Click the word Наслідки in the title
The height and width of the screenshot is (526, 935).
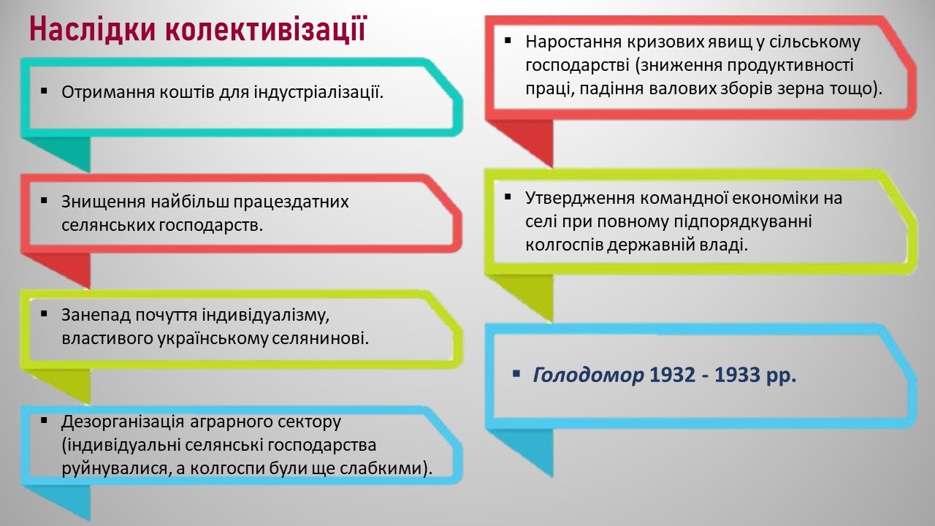coord(92,29)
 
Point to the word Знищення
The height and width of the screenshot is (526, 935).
coord(103,202)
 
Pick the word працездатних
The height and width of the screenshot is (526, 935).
coord(291,202)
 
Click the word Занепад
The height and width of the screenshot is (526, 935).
coord(96,315)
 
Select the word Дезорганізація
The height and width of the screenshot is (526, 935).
coord(123,422)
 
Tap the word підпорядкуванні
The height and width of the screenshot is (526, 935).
coord(743,221)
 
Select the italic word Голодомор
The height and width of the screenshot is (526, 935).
coord(588,375)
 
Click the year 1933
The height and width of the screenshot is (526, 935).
coord(737,375)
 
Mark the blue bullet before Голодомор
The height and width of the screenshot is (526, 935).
coord(516,373)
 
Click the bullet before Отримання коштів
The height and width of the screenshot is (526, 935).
coord(45,90)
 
